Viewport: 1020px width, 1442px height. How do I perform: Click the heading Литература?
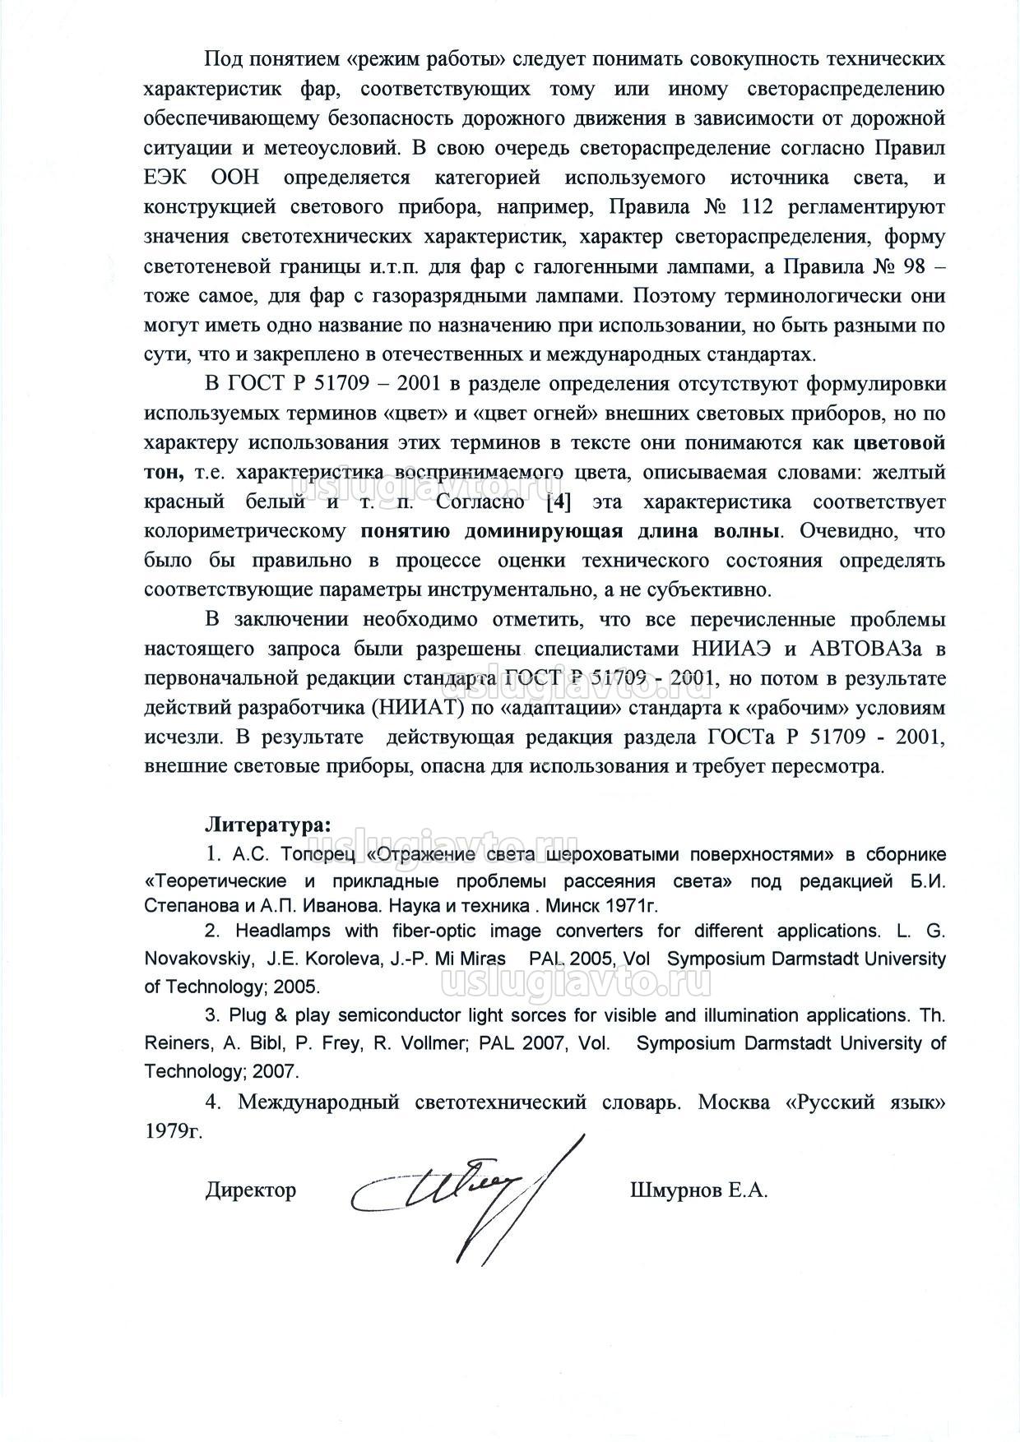pyautogui.click(x=268, y=823)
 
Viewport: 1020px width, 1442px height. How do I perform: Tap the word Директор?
pyautogui.click(x=250, y=1190)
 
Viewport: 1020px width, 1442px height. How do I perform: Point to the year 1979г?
pyautogui.click(x=173, y=1131)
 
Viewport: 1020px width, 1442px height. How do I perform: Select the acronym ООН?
pyautogui.click(x=244, y=178)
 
